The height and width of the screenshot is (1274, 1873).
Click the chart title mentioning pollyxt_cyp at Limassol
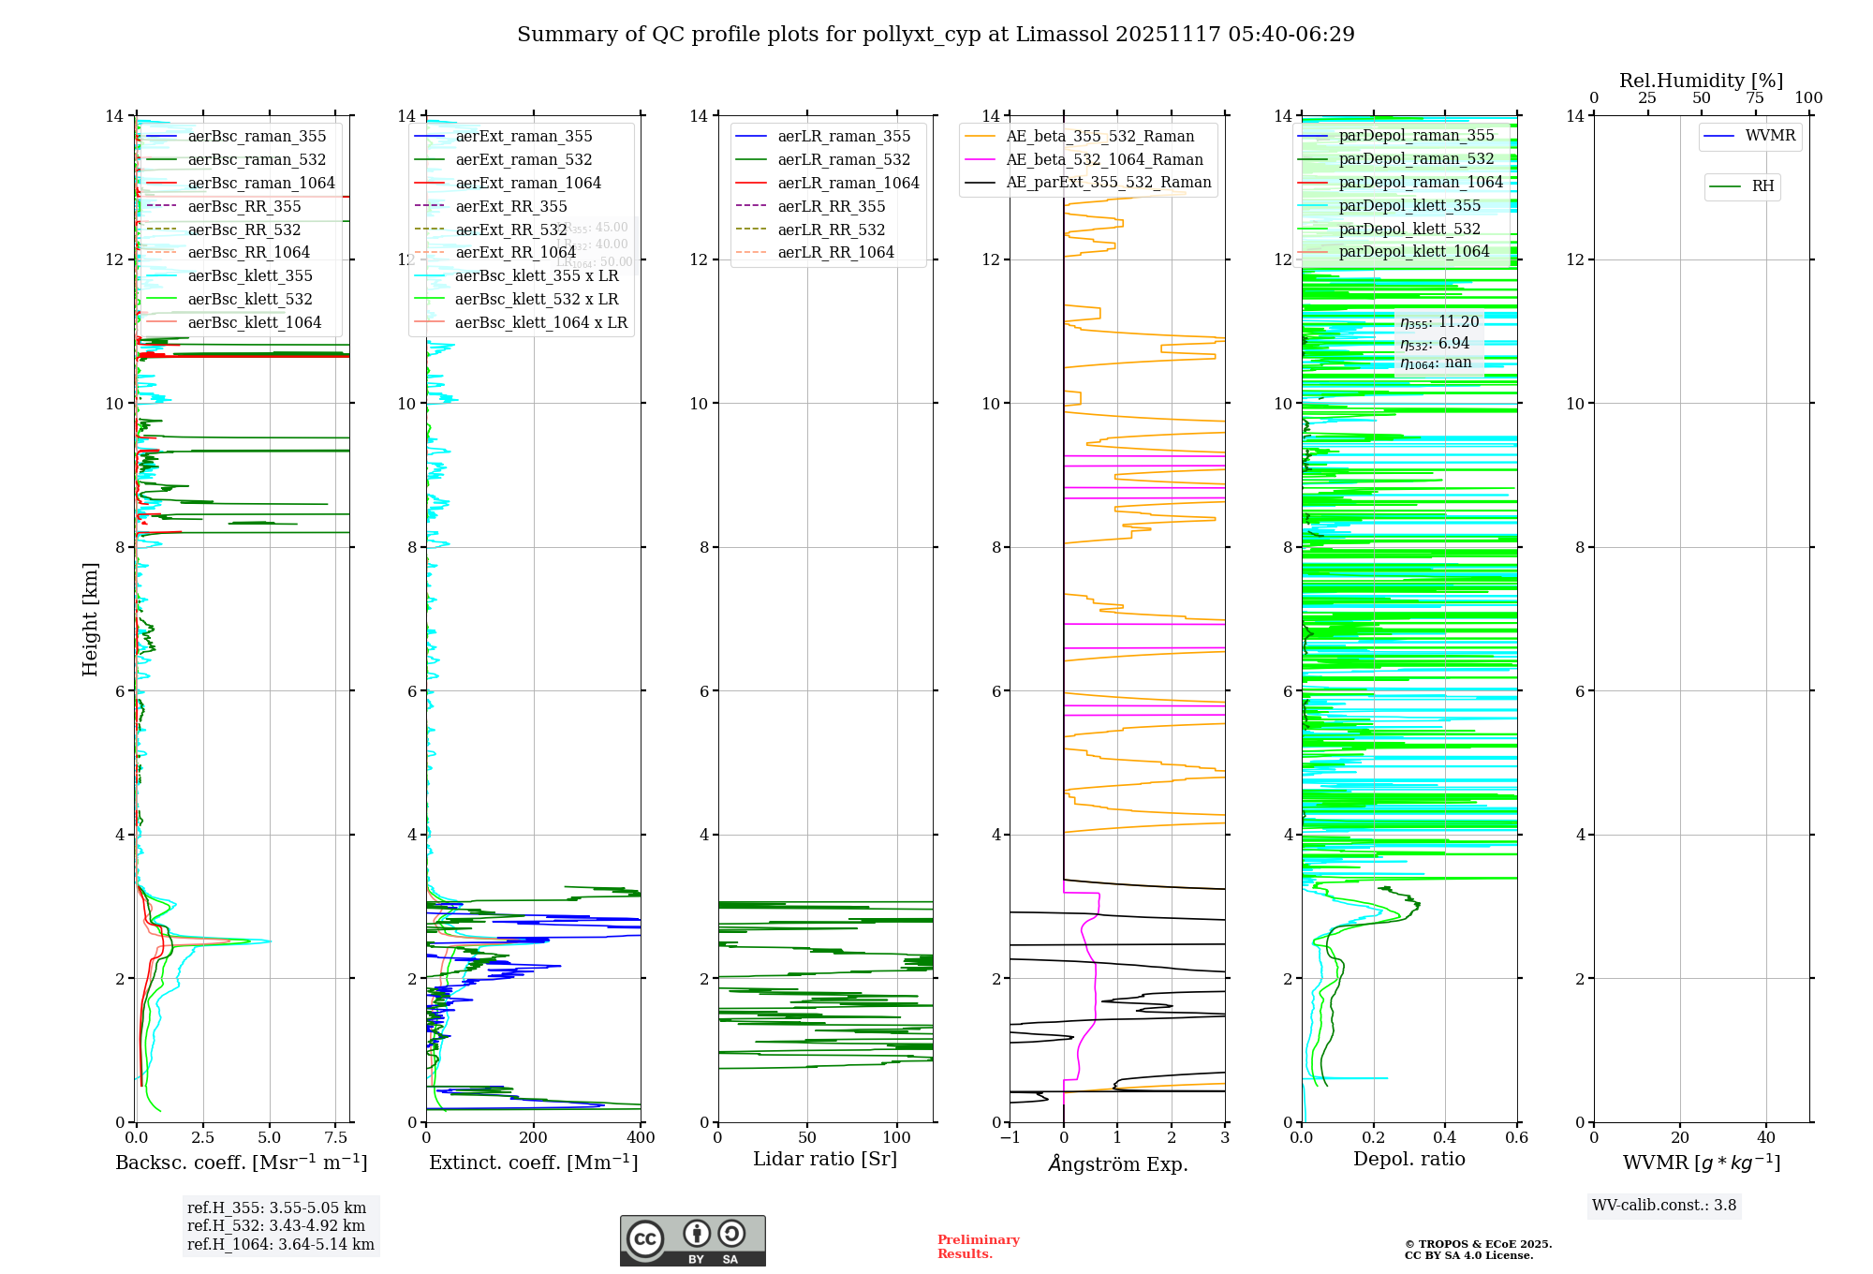pyautogui.click(x=936, y=35)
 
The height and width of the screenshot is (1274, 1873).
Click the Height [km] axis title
pyautogui.click(x=90, y=619)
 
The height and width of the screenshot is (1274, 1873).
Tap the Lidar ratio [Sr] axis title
pyautogui.click(x=825, y=1160)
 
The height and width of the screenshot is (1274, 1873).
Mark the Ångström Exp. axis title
pyautogui.click(x=1117, y=1164)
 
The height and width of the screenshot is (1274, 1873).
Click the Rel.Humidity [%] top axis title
pyautogui.click(x=1701, y=81)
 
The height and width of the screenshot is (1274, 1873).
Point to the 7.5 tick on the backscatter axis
pyautogui.click(x=336, y=1138)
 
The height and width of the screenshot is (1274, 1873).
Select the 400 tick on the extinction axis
pyautogui.click(x=641, y=1138)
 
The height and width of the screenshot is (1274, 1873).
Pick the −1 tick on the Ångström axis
pyautogui.click(x=1010, y=1138)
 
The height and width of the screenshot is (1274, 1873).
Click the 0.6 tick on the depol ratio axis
pyautogui.click(x=1516, y=1138)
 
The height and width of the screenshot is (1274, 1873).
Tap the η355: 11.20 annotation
pyautogui.click(x=1439, y=322)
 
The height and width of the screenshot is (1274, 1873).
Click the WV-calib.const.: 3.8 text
pyautogui.click(x=1664, y=1206)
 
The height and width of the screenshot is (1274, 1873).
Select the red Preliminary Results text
pyautogui.click(x=978, y=1247)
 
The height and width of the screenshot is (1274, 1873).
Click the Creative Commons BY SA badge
pyautogui.click(x=692, y=1241)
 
